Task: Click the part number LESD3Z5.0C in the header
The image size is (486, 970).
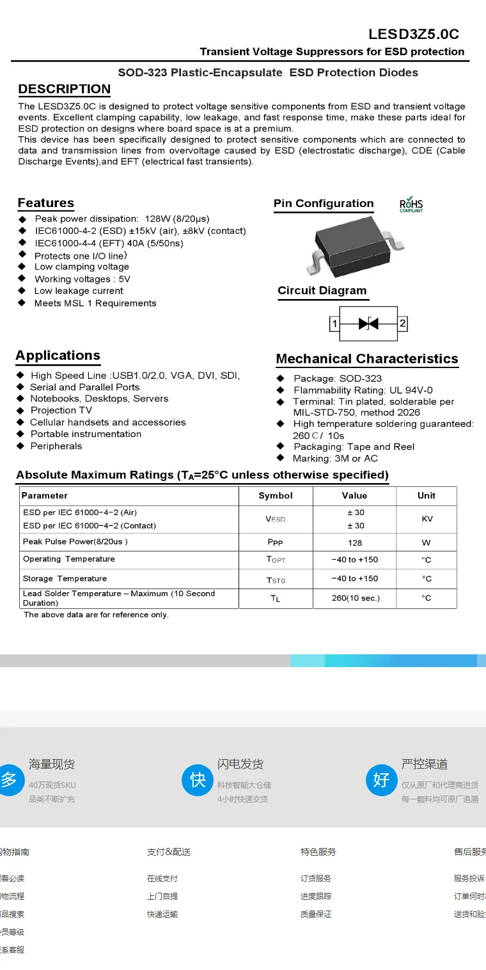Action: [414, 35]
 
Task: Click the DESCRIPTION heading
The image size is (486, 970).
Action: [64, 89]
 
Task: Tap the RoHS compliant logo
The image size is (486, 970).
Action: [411, 204]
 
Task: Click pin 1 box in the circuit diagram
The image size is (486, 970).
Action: [334, 324]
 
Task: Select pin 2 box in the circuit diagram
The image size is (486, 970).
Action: [402, 323]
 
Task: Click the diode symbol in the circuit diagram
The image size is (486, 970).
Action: [368, 323]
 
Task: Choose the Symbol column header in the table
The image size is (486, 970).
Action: [276, 496]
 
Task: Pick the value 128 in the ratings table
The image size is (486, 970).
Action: [355, 543]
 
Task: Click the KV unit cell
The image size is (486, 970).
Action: [427, 519]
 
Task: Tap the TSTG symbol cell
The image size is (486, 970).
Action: [276, 580]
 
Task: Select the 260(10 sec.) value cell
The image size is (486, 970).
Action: [356, 598]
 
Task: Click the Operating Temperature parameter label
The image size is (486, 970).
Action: [69, 559]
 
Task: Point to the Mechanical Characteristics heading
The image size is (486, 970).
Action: [367, 359]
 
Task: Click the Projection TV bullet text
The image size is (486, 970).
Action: [61, 410]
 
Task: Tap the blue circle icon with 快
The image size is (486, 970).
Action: [198, 780]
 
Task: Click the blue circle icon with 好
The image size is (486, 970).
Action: [381, 780]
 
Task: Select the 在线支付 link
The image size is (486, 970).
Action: [162, 879]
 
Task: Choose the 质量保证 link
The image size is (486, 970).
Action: [316, 914]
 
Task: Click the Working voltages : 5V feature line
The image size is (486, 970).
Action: [82, 279]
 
